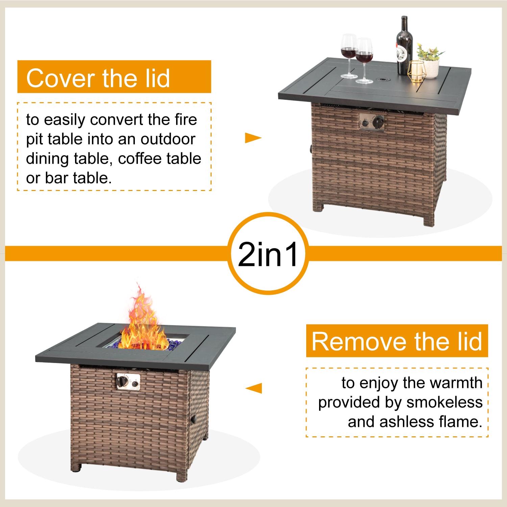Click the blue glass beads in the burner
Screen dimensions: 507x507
coord(145,343)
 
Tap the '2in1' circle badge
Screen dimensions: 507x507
coord(268,254)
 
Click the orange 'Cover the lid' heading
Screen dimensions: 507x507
coord(114,77)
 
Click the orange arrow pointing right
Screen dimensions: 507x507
coord(253,138)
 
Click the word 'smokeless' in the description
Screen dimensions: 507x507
coord(444,402)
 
